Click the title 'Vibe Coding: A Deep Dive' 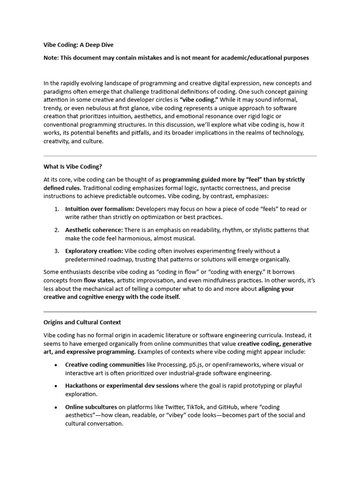pos(78,45)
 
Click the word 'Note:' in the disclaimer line pos(52,58)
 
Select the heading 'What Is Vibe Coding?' pos(72,166)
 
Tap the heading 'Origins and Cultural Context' pos(82,322)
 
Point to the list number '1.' pos(56,209)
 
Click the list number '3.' pos(56,251)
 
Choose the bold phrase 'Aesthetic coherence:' pos(94,230)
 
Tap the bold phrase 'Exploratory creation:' pos(94,251)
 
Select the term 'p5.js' pos(195,365)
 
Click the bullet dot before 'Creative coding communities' pos(56,365)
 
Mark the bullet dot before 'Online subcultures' pos(56,407)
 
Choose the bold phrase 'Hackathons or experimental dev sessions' pos(122,386)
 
